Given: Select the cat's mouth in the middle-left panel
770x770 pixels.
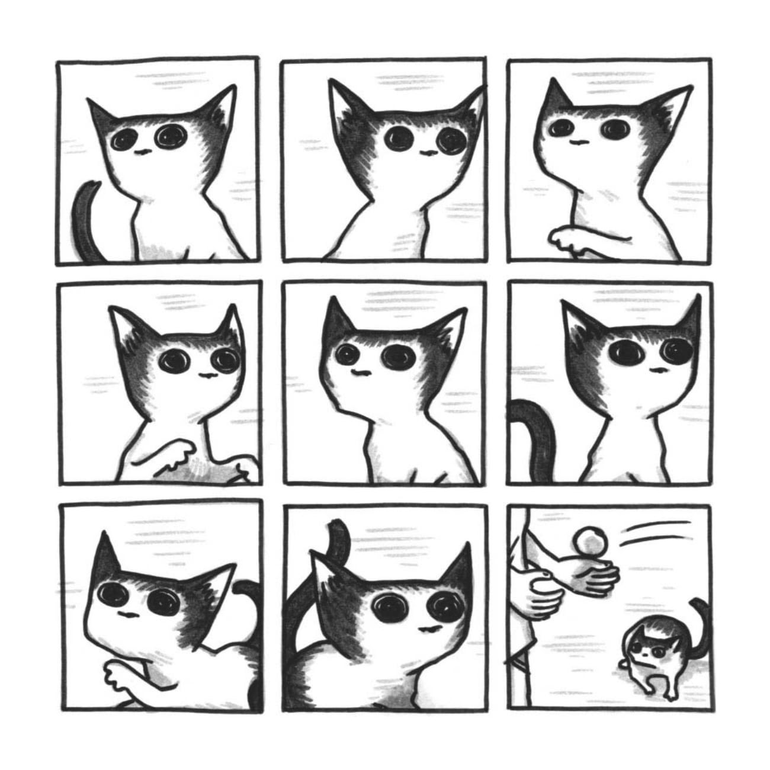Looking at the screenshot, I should tap(206, 375).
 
